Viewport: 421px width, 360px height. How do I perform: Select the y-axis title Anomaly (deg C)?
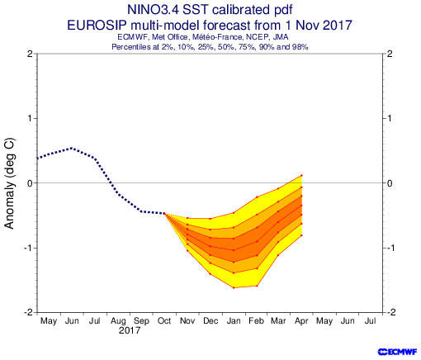9,184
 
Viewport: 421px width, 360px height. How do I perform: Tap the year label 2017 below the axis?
130,330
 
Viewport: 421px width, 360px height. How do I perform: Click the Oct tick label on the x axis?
164,321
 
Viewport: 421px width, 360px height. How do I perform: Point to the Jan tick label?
234,321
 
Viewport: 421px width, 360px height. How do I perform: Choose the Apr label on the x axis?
301,321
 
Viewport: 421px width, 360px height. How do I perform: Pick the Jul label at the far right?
371,321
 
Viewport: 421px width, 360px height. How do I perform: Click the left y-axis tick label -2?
28,313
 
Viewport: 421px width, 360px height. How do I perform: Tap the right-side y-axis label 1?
389,118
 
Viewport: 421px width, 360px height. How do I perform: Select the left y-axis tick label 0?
31,183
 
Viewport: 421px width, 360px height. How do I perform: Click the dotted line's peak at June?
72,148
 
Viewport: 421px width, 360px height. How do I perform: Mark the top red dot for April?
301,175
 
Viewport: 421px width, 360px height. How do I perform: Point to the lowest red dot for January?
234,288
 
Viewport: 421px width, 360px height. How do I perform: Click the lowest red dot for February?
257,286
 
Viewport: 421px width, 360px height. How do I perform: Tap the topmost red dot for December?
210,219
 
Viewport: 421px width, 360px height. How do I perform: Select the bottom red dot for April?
301,235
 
